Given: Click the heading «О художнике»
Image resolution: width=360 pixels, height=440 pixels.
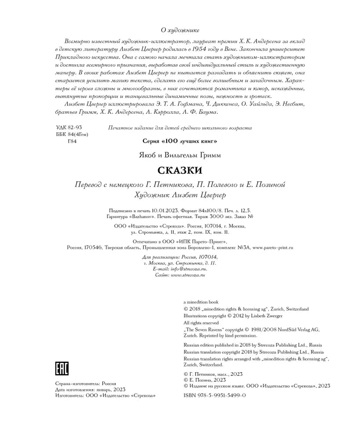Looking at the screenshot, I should [180, 30].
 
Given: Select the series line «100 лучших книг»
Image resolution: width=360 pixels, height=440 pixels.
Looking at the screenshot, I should [180, 141].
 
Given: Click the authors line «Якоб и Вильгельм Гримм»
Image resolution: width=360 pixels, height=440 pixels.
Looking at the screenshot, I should [180, 155].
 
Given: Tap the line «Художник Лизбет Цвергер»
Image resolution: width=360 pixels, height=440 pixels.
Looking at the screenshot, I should [180, 194].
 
